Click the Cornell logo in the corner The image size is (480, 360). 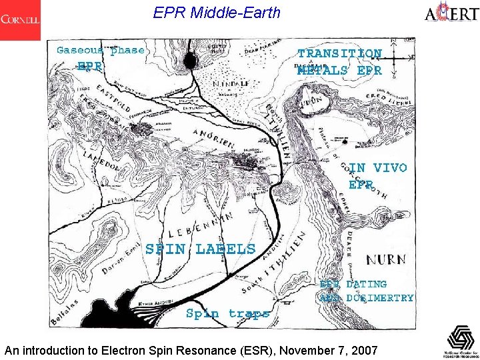pos(20,20)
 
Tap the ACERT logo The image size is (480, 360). pos(450,13)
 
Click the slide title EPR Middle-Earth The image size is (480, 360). pos(217,13)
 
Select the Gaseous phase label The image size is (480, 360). pos(100,51)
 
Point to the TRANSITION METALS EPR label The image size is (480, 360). pos(340,61)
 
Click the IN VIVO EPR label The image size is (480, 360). pos(377,175)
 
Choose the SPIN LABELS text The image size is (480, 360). pos(200,249)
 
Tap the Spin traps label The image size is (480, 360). pos(227,313)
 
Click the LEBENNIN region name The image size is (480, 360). pos(200,227)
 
